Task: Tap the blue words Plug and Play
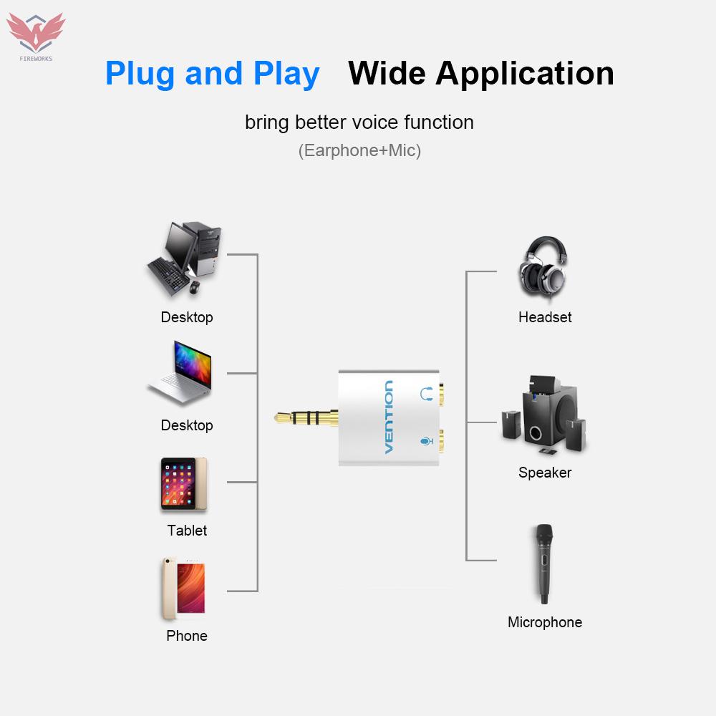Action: tap(212, 74)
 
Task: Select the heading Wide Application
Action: tap(480, 74)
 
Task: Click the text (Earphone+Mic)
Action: tap(359, 150)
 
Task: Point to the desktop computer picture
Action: tap(184, 259)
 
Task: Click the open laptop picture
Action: tap(182, 374)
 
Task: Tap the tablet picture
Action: tap(183, 485)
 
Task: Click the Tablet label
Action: tap(187, 531)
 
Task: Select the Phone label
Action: tap(187, 636)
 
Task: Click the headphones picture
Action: tap(544, 269)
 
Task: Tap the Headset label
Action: tap(545, 317)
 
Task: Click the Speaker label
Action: tap(545, 473)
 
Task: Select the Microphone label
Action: tap(545, 622)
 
